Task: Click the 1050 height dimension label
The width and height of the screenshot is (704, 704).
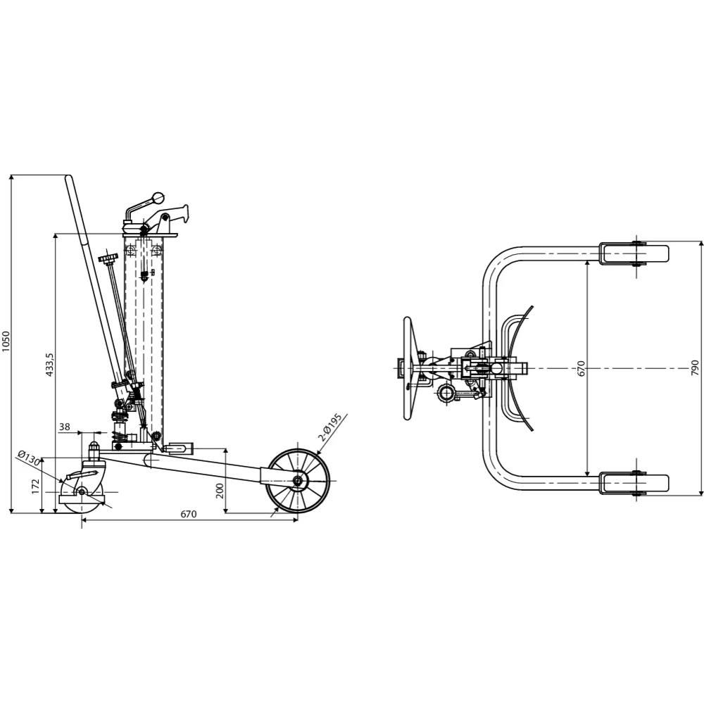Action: [x=6, y=341]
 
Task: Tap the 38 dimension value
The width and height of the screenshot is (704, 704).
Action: [x=65, y=427]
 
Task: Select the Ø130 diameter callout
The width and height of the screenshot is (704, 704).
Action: [x=28, y=458]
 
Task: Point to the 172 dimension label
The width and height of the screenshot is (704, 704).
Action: [x=36, y=486]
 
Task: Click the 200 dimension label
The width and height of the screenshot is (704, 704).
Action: [x=220, y=491]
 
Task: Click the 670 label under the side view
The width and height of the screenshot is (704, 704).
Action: [x=189, y=514]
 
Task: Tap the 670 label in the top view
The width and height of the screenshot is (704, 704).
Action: [x=581, y=368]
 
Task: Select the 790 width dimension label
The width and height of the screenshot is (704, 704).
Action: [x=695, y=367]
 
